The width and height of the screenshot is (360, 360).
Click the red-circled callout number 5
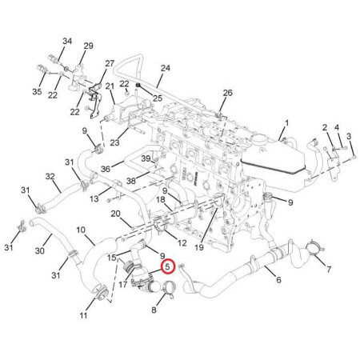point(168,266)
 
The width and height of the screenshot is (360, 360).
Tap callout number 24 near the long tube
point(166,68)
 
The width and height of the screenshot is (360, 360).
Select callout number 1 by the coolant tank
point(286,123)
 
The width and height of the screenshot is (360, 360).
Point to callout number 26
point(228,93)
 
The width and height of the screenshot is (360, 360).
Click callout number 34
point(67,42)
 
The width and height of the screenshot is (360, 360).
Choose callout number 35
point(37,92)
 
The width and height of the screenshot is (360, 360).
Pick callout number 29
point(89,46)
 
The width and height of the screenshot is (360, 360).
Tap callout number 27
point(110,63)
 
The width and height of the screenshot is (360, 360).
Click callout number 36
point(106,169)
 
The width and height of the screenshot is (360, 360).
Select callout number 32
point(50,176)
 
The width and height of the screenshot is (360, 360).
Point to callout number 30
point(40,251)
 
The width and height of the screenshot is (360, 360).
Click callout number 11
point(83,316)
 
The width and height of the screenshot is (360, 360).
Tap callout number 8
point(154,310)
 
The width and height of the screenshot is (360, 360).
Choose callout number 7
point(329,270)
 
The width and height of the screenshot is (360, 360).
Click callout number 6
point(278,280)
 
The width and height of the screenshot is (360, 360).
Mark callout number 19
point(199,248)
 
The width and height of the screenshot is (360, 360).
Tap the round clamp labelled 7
point(314,246)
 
